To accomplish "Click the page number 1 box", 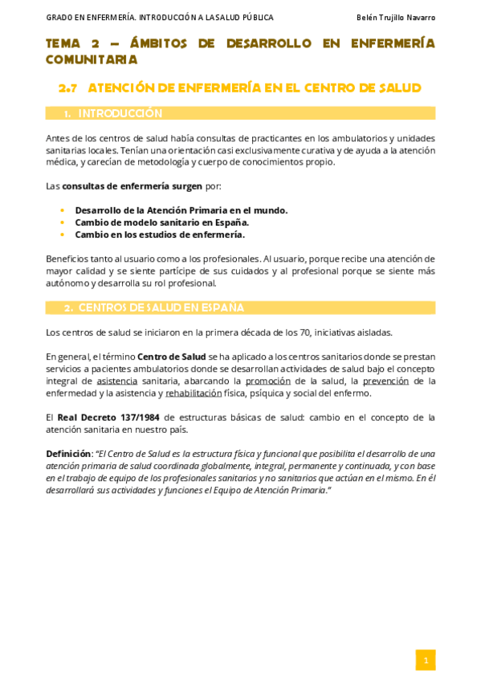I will tap(426, 660).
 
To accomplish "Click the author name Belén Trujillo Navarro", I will tap(396, 18).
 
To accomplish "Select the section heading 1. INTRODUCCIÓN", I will tap(113, 113).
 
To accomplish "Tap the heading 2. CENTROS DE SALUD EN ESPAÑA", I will tap(154, 308).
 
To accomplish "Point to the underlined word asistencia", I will tap(116, 381).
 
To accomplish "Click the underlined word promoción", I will tap(267, 381).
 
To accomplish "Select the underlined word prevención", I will tap(385, 381).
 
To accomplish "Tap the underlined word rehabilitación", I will tap(193, 393).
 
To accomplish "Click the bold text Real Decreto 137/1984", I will tap(109, 417).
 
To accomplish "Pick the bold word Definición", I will tap(67, 454).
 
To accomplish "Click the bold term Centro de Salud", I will tap(171, 357).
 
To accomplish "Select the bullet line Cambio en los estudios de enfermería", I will tap(160, 234).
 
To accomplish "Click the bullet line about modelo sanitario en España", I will tap(162, 222).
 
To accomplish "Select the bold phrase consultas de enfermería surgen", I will tap(132, 186).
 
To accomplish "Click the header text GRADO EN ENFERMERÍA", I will tap(90, 18).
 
